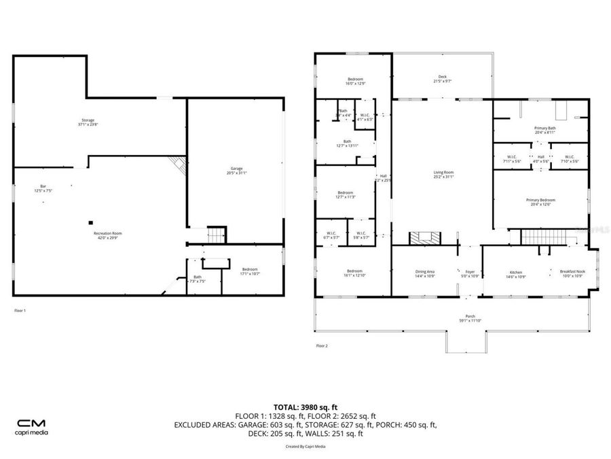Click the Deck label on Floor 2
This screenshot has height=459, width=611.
tap(442, 79)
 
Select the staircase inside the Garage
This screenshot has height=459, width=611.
tap(216, 235)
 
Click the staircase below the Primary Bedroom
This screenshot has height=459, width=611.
tap(542, 237)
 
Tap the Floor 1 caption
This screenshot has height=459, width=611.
tap(20, 310)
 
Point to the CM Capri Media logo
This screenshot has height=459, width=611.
tap(32, 426)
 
